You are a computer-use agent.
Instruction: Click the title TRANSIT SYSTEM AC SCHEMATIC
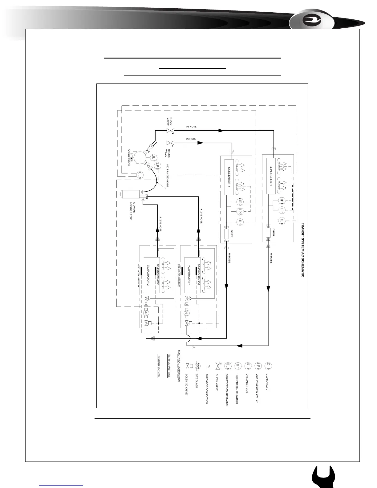click(x=302, y=250)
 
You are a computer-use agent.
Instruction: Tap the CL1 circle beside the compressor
click(x=140, y=175)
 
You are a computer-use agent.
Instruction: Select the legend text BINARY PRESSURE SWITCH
click(x=227, y=390)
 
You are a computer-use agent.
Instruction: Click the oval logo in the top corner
click(x=311, y=21)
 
